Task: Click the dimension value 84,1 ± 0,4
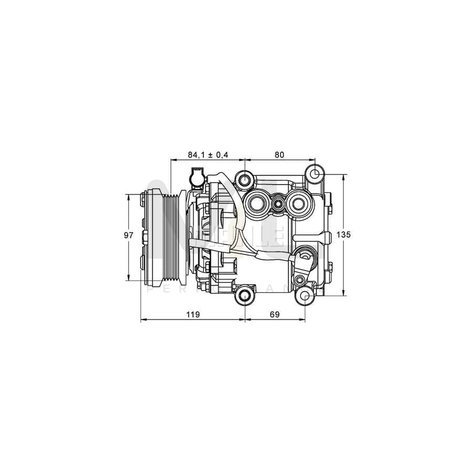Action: (x=208, y=155)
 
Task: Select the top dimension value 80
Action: (x=279, y=155)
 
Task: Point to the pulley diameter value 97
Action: (x=128, y=235)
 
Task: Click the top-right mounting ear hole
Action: (x=315, y=174)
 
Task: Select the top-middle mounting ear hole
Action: (x=245, y=180)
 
